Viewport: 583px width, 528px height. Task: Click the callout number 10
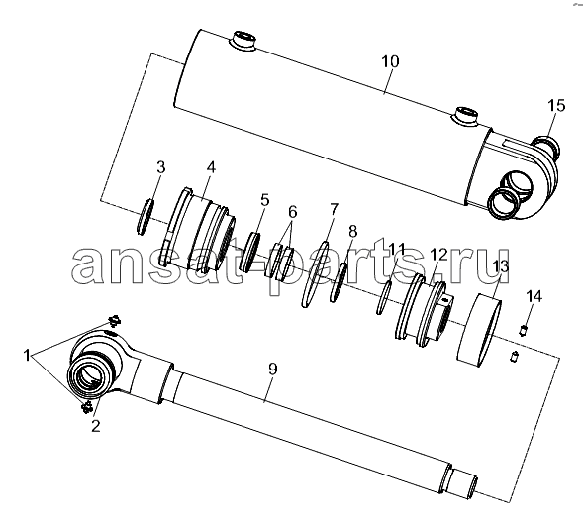[390, 61]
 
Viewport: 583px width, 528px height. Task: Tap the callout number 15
[556, 106]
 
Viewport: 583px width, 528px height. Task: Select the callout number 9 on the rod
[272, 370]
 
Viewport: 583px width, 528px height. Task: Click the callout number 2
[96, 426]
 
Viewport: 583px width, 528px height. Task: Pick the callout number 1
[27, 356]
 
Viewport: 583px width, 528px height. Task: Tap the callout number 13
[500, 266]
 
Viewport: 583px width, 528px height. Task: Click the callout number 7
[334, 209]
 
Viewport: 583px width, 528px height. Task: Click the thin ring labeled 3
[145, 217]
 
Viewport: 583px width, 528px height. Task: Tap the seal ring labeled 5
[250, 252]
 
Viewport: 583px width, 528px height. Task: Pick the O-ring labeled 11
[383, 297]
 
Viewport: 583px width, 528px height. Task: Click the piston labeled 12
[424, 310]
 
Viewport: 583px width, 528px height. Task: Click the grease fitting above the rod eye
[115, 320]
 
